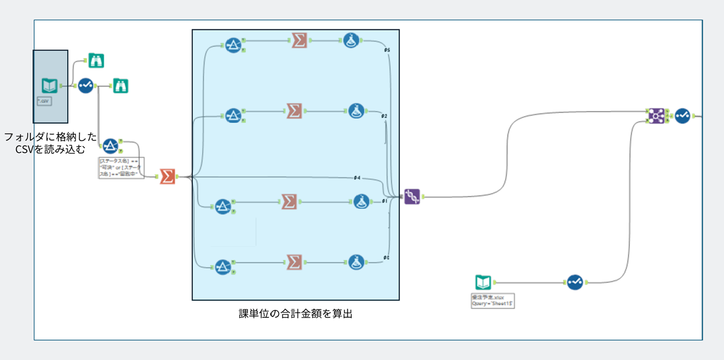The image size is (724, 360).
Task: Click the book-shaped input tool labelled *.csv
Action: pos(49,86)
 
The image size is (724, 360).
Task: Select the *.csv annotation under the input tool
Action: pos(44,102)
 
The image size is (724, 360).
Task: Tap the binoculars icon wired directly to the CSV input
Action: pos(96,60)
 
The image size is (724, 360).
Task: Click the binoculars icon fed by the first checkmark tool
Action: pos(120,85)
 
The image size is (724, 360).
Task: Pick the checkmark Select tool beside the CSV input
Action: pos(85,85)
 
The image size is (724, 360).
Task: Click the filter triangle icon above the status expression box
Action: pos(110,146)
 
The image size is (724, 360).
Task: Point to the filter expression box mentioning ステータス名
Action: pos(121,168)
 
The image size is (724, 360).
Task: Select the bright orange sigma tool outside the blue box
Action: pos(167,177)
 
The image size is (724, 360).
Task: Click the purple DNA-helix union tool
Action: pos(412,196)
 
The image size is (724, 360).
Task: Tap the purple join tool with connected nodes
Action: pos(656,116)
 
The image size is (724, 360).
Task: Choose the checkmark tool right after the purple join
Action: pos(682,116)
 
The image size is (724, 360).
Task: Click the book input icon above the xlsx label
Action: pos(483,282)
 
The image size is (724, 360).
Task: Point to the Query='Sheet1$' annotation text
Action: pos(493,303)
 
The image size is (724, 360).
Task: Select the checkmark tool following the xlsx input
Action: pos(575,282)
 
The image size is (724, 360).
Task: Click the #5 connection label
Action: pos(387,50)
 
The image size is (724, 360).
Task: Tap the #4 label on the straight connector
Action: pos(357,178)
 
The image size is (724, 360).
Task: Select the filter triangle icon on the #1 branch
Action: pos(222,207)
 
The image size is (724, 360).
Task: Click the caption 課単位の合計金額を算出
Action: pos(295,314)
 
